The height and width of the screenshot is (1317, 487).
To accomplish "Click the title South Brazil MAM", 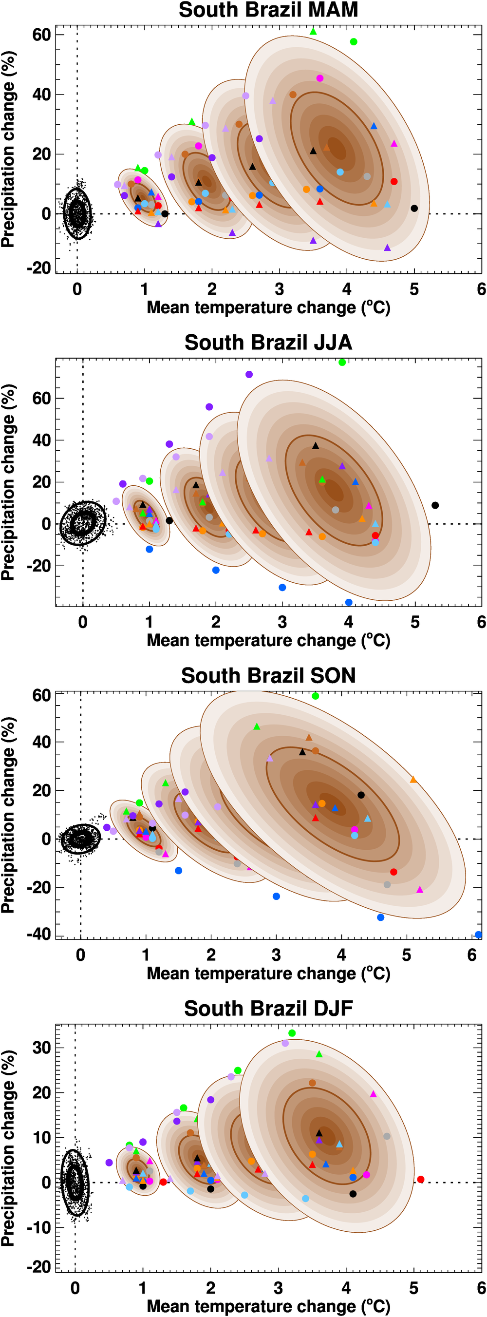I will [x=268, y=10].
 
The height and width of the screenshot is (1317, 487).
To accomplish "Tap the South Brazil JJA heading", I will [x=268, y=343].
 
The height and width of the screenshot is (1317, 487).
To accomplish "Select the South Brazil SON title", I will [x=268, y=675].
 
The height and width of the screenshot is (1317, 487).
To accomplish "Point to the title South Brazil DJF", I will [x=268, y=1008].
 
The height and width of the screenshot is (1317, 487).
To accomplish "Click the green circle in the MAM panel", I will [x=354, y=42].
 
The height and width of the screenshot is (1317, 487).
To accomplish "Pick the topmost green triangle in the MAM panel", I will [x=313, y=32].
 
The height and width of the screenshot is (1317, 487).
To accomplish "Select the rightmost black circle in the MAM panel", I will [x=414, y=208].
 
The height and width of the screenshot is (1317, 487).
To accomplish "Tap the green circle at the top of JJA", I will [x=342, y=362].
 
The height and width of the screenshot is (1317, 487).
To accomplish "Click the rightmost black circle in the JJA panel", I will [x=435, y=505].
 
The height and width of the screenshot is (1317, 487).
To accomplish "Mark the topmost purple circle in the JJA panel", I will [x=249, y=374].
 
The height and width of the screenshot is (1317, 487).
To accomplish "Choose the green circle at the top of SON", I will [x=315, y=696].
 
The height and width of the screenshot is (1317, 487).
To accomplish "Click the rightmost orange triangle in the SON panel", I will [x=413, y=780].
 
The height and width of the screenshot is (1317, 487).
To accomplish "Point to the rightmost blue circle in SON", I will [x=478, y=935].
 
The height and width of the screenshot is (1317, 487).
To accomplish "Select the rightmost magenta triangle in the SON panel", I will [x=419, y=890].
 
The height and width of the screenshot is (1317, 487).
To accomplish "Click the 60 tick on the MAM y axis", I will [x=41, y=35].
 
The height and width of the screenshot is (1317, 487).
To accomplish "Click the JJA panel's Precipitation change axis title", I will [x=8, y=482].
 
